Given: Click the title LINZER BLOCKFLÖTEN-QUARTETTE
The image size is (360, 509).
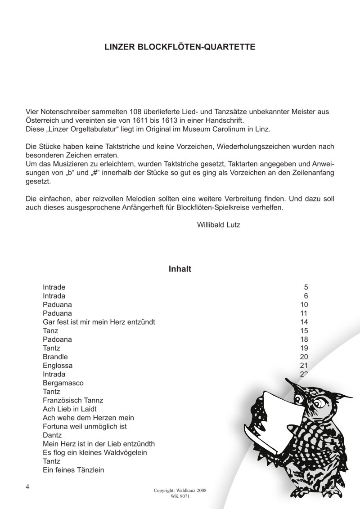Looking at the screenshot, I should click(180, 47).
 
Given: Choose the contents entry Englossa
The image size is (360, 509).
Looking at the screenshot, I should click(58, 365).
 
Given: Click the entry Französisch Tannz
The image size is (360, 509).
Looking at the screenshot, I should click(73, 400).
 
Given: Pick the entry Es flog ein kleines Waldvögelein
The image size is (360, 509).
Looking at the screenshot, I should click(95, 452).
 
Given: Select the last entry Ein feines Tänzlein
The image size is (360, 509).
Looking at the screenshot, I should click(73, 470).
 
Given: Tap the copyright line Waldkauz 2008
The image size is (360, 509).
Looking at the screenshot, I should click(180, 491).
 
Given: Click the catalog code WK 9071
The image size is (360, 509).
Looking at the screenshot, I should click(180, 497).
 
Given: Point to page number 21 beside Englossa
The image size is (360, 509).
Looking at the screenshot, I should click(303, 365).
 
